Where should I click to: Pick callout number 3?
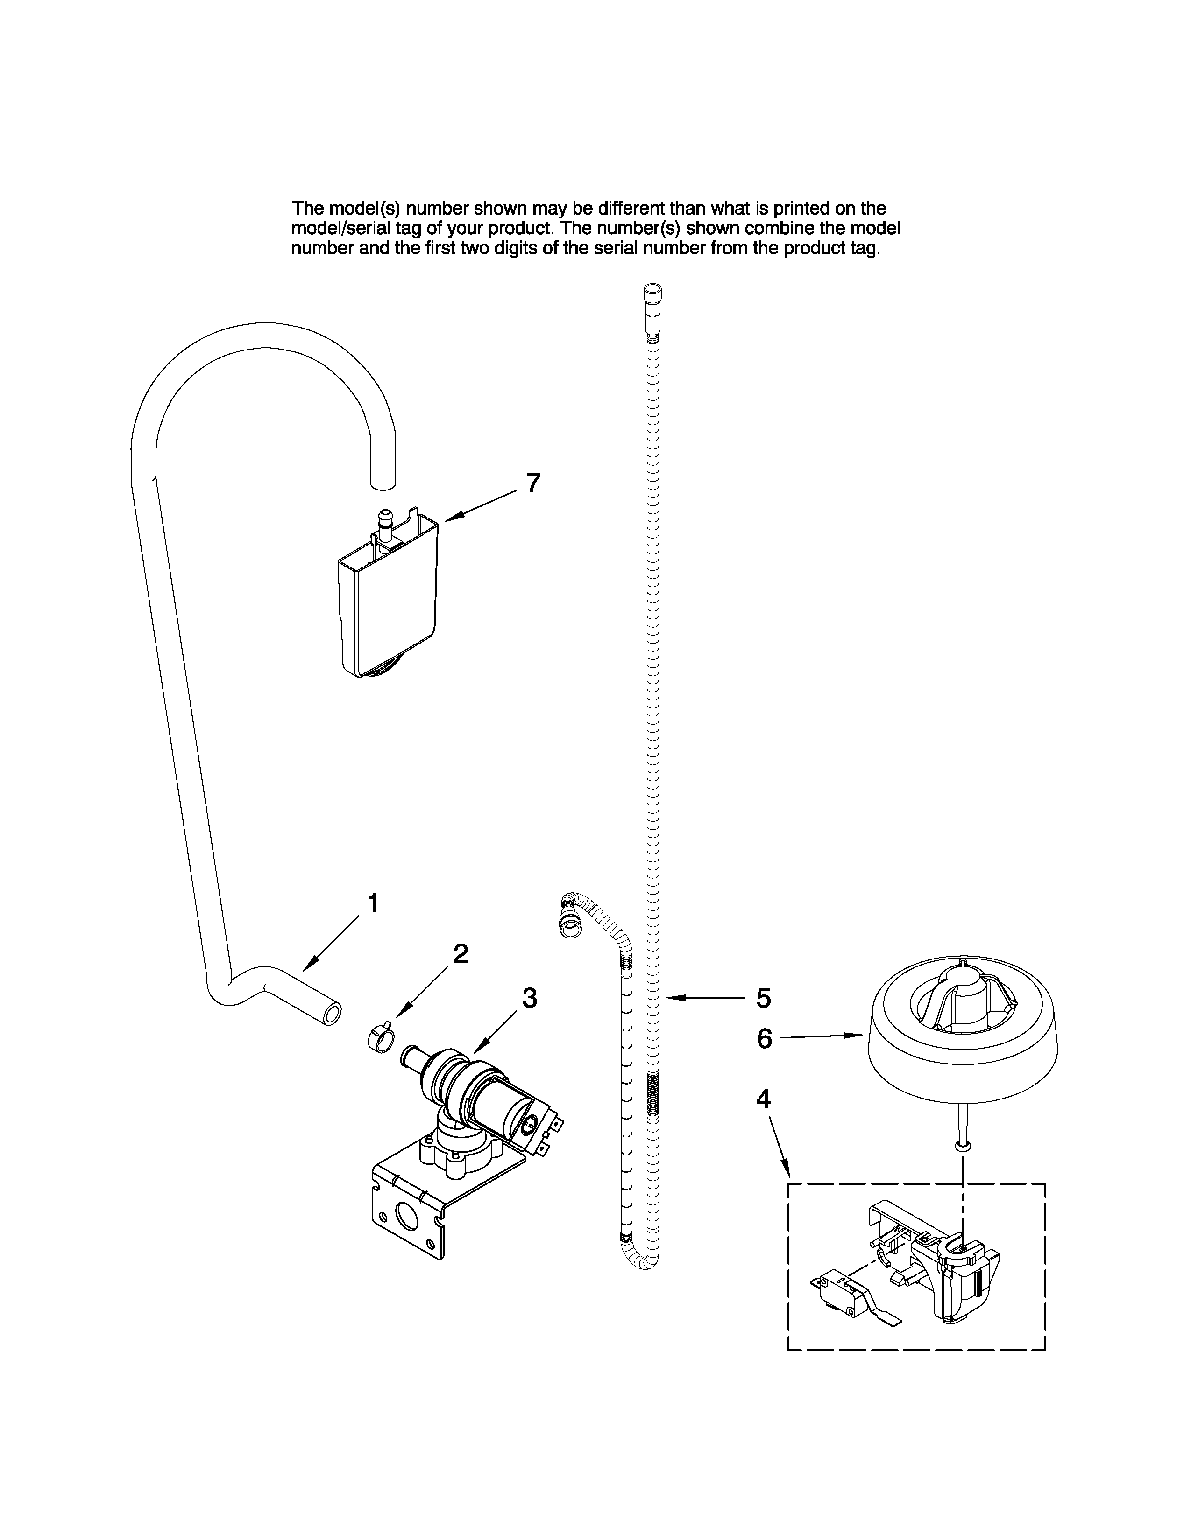(529, 997)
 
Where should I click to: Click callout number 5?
(763, 998)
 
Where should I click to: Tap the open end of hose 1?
(331, 1013)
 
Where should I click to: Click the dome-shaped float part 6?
(963, 1029)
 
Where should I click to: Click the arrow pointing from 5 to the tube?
(706, 997)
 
